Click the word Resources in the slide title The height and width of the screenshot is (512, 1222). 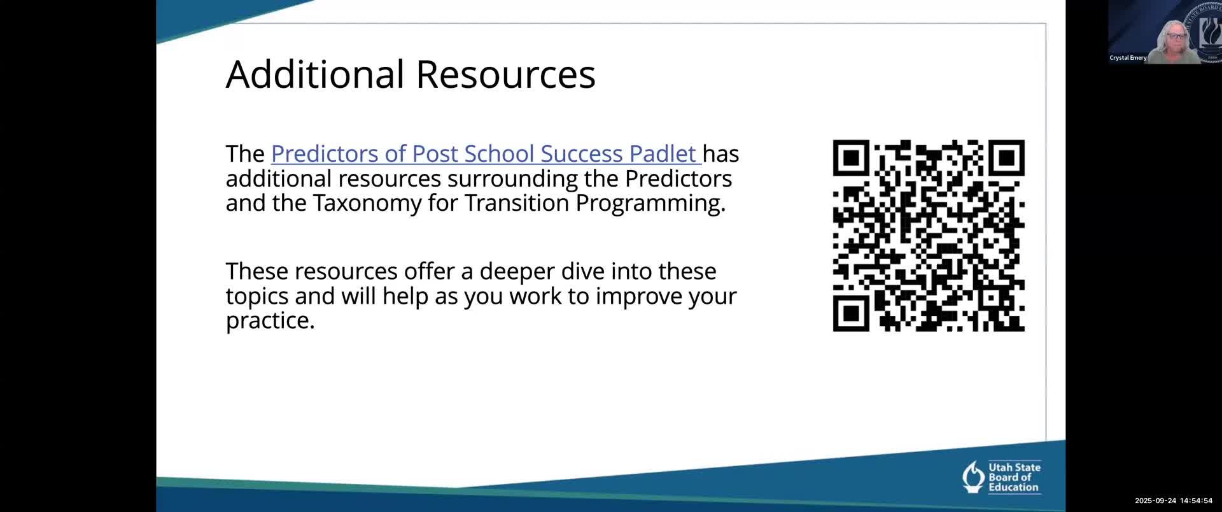click(505, 74)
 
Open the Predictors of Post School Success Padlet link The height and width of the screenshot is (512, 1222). click(486, 154)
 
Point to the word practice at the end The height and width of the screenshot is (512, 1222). click(270, 321)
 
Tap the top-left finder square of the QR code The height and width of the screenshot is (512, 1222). click(851, 158)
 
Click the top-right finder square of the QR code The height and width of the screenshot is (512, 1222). click(1006, 158)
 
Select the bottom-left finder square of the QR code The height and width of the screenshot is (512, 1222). click(851, 313)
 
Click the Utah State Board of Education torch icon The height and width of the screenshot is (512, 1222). click(973, 477)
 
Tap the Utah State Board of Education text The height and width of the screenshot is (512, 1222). click(1015, 478)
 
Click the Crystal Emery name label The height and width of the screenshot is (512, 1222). click(1128, 58)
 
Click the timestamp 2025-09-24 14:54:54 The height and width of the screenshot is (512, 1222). click(1174, 501)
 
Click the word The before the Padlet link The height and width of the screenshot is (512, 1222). click(245, 154)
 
